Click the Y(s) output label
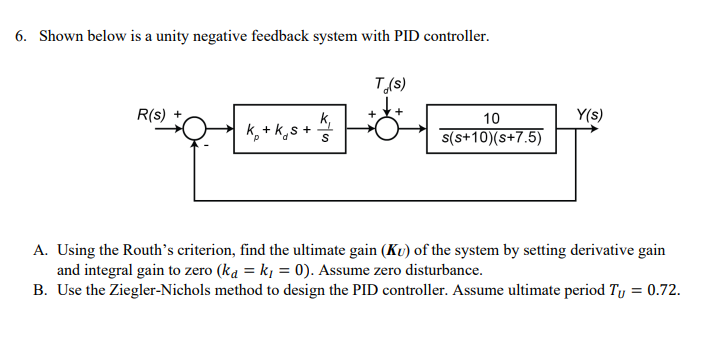pos(589,113)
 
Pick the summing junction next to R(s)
pos(194,129)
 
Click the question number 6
pos(20,37)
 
